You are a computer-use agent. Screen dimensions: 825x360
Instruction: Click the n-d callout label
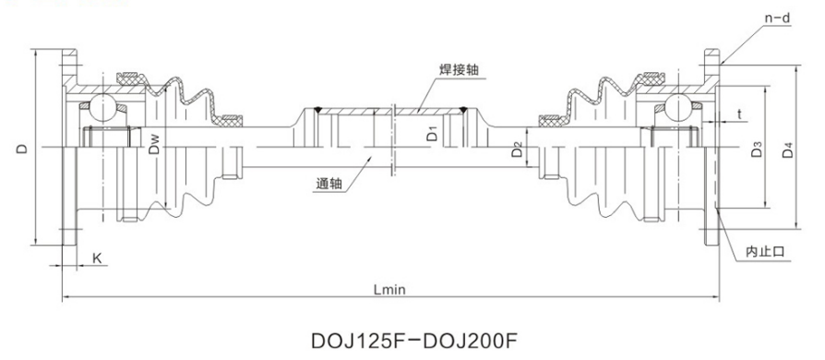click(x=777, y=18)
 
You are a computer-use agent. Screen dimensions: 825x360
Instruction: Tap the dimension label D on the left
click(x=21, y=149)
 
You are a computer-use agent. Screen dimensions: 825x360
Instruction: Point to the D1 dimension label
click(x=432, y=134)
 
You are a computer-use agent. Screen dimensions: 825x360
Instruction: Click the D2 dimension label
click(x=518, y=150)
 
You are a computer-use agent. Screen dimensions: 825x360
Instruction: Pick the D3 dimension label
click(x=757, y=150)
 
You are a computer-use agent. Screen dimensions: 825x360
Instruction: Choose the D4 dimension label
click(x=787, y=150)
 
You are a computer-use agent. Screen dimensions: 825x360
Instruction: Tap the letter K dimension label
click(x=97, y=258)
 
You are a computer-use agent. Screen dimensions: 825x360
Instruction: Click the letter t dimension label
click(x=739, y=114)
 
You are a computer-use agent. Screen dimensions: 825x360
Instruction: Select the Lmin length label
click(x=389, y=290)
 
